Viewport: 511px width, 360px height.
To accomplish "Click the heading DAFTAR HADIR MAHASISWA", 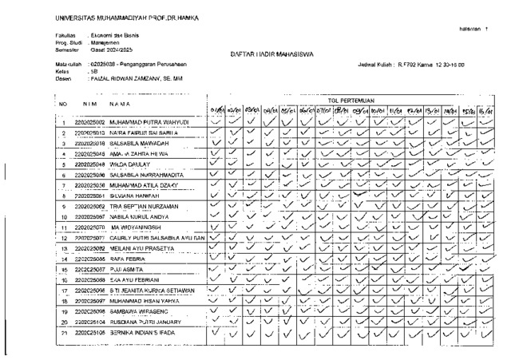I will pos(264,54).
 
